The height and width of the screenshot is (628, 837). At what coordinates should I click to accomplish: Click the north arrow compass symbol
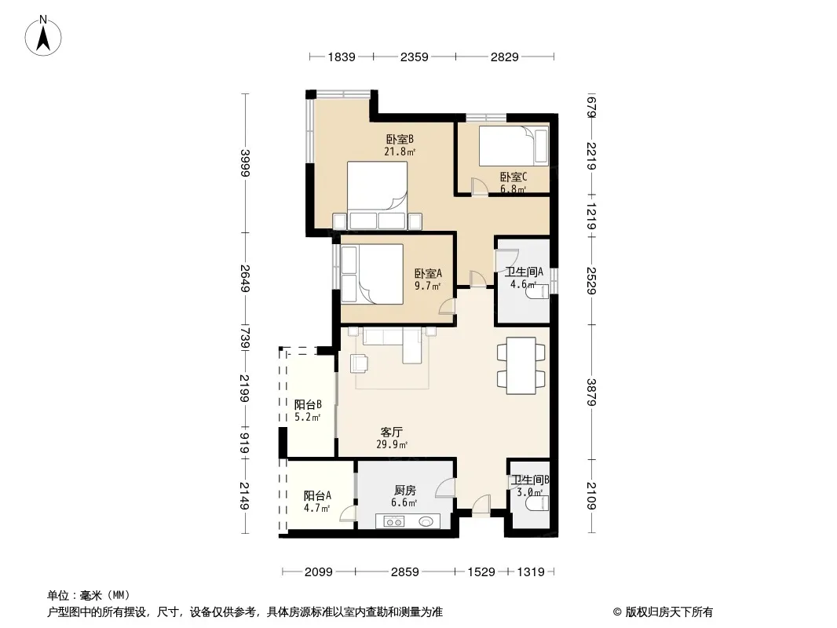(x=42, y=35)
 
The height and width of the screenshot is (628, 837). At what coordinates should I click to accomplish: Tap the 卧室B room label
(x=400, y=139)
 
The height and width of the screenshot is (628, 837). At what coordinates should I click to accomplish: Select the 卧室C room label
(x=514, y=177)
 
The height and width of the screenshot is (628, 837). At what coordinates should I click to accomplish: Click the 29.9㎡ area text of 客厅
(x=392, y=444)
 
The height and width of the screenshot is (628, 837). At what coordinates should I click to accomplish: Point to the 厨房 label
(x=404, y=490)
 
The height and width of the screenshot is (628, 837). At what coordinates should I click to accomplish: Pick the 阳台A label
(x=318, y=495)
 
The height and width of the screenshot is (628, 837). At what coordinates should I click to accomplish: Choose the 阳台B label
(x=308, y=404)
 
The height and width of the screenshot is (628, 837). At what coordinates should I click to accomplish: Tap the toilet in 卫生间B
(x=537, y=502)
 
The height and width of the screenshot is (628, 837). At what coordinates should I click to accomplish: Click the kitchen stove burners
(x=394, y=522)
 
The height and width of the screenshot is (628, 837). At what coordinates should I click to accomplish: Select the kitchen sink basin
(x=426, y=521)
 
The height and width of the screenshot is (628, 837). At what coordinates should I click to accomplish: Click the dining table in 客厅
(x=521, y=366)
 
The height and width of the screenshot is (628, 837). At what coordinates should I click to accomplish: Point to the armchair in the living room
(x=359, y=363)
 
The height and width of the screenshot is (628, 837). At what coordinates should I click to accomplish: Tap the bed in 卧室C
(x=513, y=146)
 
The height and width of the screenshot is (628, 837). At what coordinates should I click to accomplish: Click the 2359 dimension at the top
(x=415, y=57)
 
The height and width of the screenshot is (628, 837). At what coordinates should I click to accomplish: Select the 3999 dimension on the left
(x=245, y=162)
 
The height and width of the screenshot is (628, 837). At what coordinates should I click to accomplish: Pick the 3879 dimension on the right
(x=590, y=392)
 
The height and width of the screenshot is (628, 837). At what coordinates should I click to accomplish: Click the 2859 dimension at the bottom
(x=404, y=572)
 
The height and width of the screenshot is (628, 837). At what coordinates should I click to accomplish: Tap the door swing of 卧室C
(x=479, y=186)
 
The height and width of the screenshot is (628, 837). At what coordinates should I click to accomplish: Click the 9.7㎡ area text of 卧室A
(x=428, y=286)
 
